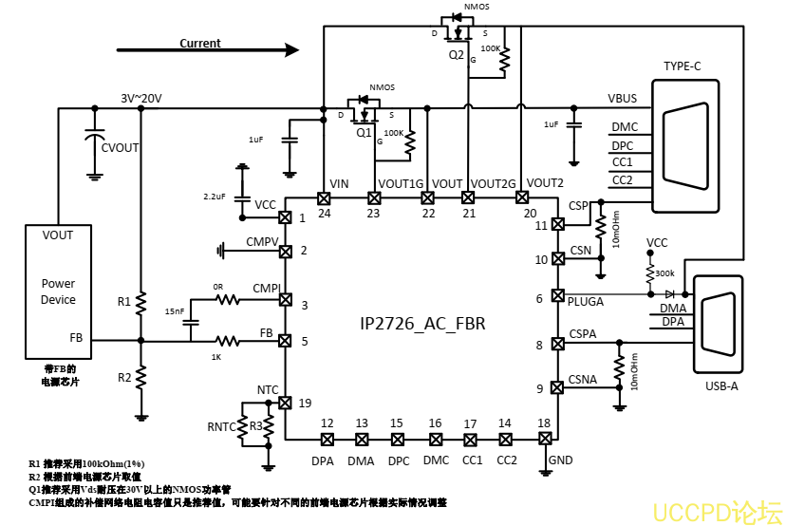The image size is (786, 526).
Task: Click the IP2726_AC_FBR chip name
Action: tap(422, 324)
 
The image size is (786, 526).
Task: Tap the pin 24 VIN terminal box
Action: tap(324, 197)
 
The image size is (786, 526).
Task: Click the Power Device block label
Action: tap(58, 291)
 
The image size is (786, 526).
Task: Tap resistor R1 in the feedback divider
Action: tap(140, 303)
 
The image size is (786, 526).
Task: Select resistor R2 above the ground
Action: tap(140, 377)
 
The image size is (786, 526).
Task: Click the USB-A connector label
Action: tap(720, 385)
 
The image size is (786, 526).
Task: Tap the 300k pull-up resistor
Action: tap(649, 274)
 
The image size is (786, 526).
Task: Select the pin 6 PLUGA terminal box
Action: tap(557, 295)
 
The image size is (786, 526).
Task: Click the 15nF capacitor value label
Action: tap(175, 311)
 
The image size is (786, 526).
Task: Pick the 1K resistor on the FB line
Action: tap(227, 340)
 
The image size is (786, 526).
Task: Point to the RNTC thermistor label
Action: tap(220, 427)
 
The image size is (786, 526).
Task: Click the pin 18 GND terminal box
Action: tap(545, 439)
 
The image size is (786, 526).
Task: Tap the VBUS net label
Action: tap(622, 99)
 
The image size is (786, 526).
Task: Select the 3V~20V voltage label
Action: tap(140, 99)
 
